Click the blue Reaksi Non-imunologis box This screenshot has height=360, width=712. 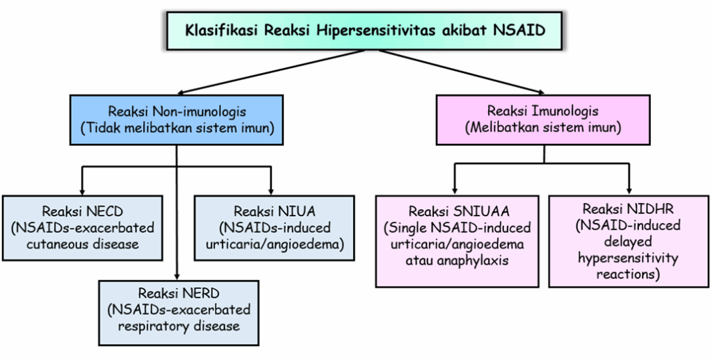(x=177, y=120)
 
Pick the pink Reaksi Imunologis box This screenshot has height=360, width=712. (x=543, y=120)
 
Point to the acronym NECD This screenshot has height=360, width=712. (x=108, y=211)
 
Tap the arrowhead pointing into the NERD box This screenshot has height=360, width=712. (x=177, y=276)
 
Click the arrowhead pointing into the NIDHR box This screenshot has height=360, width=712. (x=630, y=190)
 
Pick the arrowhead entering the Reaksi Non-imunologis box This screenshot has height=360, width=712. (x=180, y=92)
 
